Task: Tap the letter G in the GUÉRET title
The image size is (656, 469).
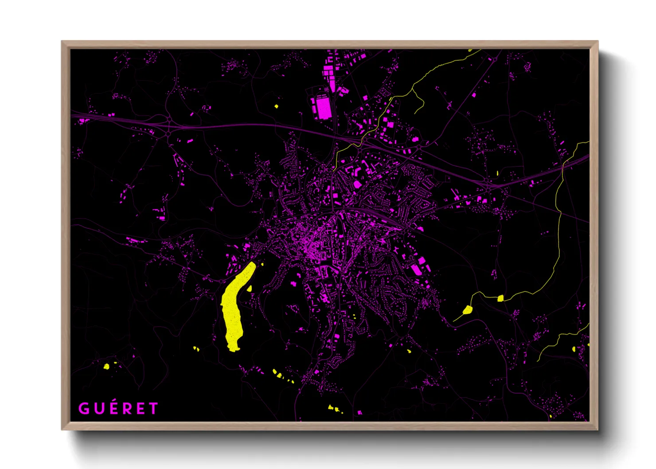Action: point(83,408)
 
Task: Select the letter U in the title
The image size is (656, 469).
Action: point(99,408)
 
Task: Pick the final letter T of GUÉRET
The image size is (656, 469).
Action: point(153,408)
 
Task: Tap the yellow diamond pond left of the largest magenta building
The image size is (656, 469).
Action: point(276,106)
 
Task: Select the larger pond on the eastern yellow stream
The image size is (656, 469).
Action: point(467,309)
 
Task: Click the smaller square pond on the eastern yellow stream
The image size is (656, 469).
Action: point(500,298)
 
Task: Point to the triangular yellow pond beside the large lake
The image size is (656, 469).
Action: point(250,289)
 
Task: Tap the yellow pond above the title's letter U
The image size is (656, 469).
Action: point(106,367)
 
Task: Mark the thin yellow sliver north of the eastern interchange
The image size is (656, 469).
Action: point(497,173)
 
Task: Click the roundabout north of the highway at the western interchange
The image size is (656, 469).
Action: point(169,119)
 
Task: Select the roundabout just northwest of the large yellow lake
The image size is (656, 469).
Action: point(222,281)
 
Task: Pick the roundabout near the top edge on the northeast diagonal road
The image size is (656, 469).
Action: point(495,59)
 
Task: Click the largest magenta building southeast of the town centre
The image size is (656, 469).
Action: point(416,269)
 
